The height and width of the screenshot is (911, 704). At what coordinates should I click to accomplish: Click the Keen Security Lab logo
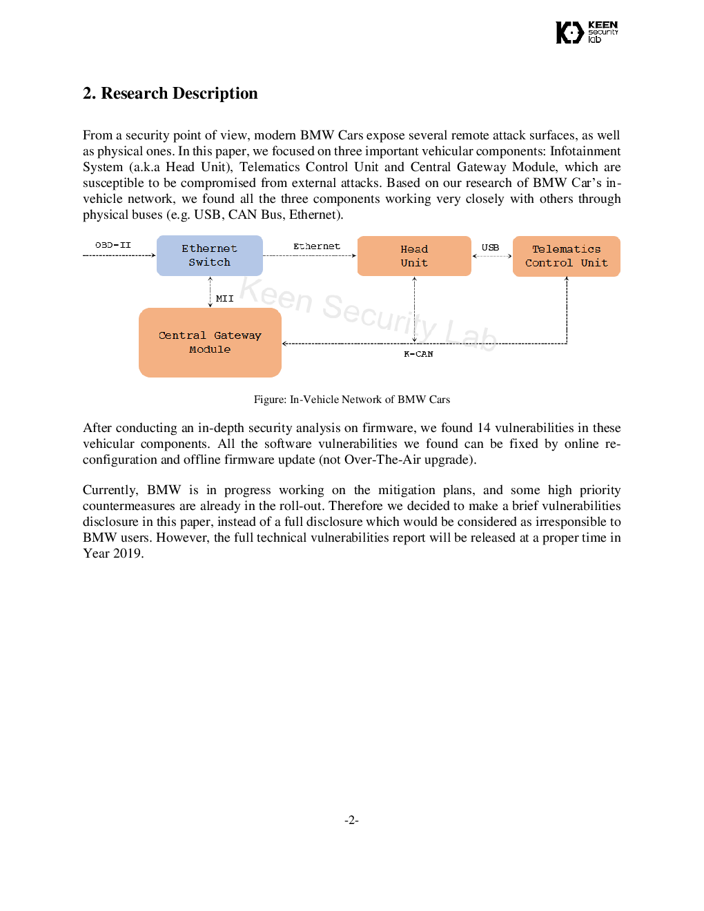point(587,32)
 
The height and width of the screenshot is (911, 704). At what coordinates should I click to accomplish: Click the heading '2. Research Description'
point(170,93)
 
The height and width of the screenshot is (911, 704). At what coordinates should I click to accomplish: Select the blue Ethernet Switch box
point(210,255)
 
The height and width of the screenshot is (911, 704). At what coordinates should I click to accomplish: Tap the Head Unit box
point(414,256)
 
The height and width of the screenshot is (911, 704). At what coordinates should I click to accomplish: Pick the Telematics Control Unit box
point(566,256)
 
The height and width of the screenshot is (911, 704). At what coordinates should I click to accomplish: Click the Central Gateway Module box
point(210,342)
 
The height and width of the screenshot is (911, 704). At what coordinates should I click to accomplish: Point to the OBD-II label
point(113,245)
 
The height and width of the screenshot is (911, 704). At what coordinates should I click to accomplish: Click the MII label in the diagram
point(225,299)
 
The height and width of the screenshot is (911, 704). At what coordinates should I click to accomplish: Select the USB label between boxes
point(490,247)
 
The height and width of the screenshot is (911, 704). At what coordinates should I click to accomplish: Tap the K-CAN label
point(418,354)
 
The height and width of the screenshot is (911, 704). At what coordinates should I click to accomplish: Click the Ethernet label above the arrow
point(317,246)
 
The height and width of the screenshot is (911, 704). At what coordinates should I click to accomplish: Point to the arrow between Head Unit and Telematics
point(492,256)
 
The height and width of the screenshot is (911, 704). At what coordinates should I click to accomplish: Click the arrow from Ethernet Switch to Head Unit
point(310,255)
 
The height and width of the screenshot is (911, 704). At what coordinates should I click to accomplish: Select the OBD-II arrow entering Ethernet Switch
point(119,255)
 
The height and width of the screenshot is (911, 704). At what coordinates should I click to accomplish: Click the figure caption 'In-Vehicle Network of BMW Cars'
point(370,399)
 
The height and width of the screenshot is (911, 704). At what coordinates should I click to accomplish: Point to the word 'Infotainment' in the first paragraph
point(585,151)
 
